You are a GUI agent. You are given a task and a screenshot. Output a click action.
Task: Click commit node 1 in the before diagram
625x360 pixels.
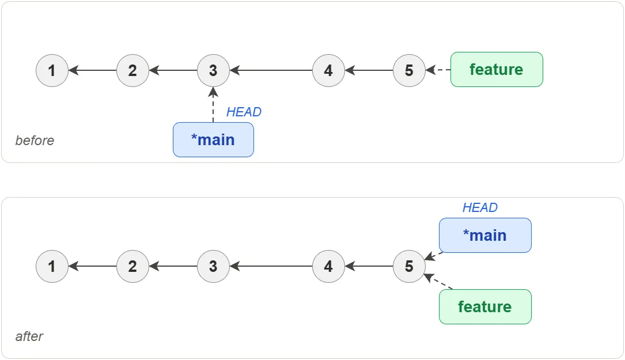[x=52, y=71]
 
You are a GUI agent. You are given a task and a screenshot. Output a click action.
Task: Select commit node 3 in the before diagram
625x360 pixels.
[x=213, y=71]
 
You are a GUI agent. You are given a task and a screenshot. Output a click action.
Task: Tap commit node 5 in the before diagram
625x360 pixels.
[x=409, y=71]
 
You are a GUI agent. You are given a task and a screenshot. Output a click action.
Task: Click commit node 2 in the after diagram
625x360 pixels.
[x=132, y=267]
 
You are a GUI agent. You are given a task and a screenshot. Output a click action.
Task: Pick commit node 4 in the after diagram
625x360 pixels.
[x=328, y=267]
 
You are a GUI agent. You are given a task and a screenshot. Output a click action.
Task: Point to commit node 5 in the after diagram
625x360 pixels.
[x=409, y=267]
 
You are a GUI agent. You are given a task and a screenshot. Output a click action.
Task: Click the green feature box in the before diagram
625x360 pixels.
[x=496, y=70]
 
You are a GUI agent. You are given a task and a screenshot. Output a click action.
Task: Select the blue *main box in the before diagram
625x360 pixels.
[x=213, y=139]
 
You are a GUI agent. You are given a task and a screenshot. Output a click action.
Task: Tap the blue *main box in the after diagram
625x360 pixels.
[x=484, y=235]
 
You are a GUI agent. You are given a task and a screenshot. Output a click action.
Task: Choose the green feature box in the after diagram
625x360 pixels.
[x=484, y=306]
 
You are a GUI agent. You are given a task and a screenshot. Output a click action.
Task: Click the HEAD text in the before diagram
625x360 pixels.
[x=244, y=112]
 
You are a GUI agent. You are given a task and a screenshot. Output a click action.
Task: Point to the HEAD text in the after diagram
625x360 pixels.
[x=480, y=208]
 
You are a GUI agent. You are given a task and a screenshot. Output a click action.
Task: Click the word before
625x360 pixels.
[x=35, y=141]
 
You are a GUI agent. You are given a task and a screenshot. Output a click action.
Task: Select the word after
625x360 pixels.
[x=29, y=336]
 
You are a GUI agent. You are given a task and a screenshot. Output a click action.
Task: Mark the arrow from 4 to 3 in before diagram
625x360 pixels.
[x=271, y=71]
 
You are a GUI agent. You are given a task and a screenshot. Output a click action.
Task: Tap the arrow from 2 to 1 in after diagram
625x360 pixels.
[x=92, y=267]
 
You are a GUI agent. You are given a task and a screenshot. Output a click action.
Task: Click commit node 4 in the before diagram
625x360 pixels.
[x=328, y=71]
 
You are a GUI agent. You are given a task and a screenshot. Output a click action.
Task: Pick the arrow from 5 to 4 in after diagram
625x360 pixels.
[x=369, y=267]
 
